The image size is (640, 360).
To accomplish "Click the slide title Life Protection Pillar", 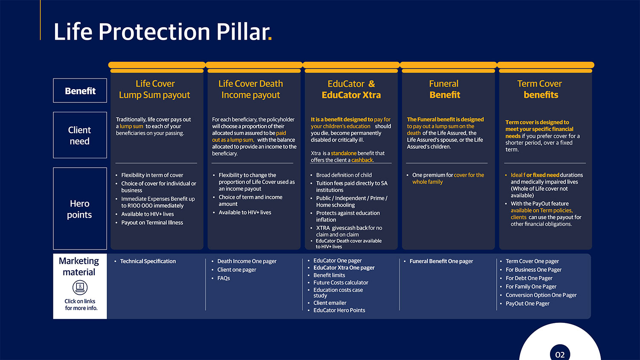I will point(162,32).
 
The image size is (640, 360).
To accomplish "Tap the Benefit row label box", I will point(80,91).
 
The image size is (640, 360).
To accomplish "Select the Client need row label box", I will point(80,135).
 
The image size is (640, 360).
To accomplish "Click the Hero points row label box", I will point(80,209).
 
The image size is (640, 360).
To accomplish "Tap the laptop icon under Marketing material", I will point(80,287).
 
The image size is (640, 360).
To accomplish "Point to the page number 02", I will point(560,354).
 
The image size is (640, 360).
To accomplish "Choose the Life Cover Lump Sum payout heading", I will point(155,90).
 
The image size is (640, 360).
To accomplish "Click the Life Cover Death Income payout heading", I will point(250,90).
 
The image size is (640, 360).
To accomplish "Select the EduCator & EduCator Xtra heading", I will point(351,90).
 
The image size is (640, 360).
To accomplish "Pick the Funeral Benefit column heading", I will point(444,90).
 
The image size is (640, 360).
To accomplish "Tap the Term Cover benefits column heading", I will point(540,90).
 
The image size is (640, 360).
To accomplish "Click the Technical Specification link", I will point(148,261).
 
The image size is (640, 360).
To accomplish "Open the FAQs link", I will point(224,278).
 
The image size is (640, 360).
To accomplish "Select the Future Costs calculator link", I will point(340,282).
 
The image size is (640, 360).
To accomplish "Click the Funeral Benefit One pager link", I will point(441,261).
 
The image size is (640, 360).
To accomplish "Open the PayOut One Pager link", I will point(527,304).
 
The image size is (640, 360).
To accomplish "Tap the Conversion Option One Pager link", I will point(541,295).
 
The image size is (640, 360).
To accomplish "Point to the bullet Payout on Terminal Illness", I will point(152,223).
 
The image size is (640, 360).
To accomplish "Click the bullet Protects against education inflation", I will point(347,216).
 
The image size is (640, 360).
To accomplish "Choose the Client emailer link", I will point(330,303).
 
